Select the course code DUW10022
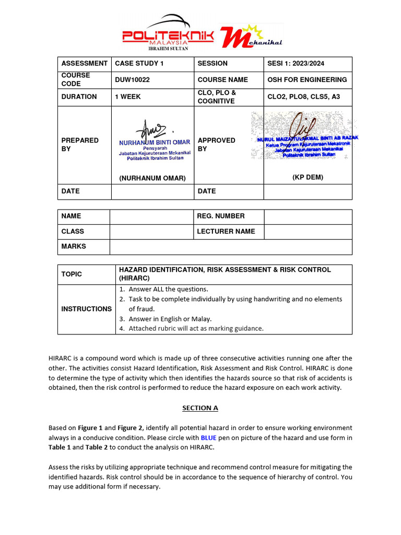coord(132,79)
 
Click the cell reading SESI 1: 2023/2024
coord(296,63)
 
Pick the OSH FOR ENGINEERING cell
coord(307,79)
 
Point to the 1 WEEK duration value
coord(128,97)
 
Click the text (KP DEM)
coord(308,177)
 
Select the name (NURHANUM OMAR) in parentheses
coord(152,178)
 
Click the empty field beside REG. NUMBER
coord(308,216)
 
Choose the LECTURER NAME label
coord(226,231)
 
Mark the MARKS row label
coord(74,246)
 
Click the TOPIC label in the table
coord(72,274)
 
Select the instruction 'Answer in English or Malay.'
coord(170,319)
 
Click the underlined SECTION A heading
coord(200,408)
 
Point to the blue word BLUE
coord(208,438)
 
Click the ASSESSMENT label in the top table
coord(84,63)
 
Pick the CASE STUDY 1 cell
coord(139,63)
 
